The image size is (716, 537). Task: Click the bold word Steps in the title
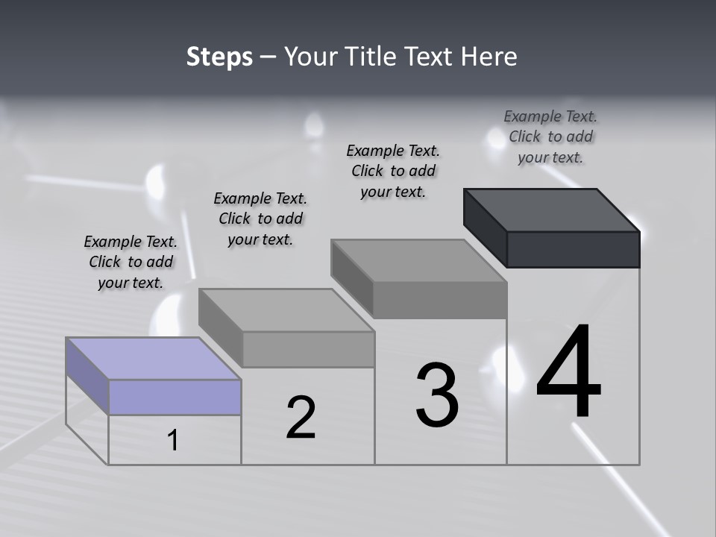coord(219,57)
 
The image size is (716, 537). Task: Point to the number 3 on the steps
coord(437,395)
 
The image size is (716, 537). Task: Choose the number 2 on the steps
coord(301,418)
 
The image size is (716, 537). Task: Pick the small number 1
coord(173,440)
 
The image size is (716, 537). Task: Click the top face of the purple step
coord(153,359)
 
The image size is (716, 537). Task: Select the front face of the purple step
coord(175,397)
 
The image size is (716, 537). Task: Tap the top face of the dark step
coord(552,210)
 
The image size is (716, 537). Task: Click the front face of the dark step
coord(573,249)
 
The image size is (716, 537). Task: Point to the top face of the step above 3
coord(419,260)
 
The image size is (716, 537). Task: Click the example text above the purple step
coord(131,262)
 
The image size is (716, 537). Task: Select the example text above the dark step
coord(550,136)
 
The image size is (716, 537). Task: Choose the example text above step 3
coord(393,171)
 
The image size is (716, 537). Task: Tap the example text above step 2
coord(260,219)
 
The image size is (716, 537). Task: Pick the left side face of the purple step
coord(87,375)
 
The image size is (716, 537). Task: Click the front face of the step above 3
coord(440,300)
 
